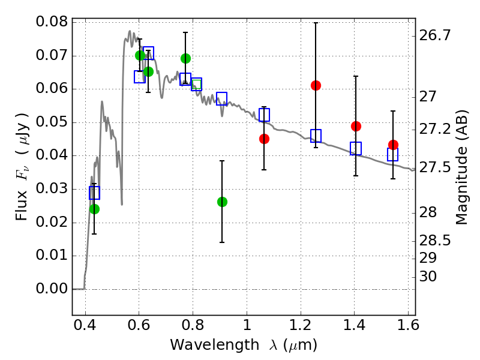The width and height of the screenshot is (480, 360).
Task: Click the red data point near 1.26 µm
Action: (316, 85)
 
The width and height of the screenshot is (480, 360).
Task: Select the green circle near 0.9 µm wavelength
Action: (222, 202)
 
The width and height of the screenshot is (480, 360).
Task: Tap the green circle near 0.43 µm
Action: (94, 209)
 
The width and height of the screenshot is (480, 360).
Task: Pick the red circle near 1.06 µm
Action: (264, 139)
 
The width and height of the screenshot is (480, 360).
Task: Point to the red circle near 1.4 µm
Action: (356, 126)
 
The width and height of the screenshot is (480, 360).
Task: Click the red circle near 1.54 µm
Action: (393, 145)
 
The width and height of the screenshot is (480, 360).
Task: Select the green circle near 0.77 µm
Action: (185, 58)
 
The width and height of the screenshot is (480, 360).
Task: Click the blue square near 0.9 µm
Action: (221, 98)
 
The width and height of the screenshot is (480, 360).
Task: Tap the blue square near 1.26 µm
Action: (316, 136)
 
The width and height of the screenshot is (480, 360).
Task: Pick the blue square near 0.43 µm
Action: (94, 193)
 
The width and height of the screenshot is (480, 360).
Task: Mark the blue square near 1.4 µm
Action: (356, 148)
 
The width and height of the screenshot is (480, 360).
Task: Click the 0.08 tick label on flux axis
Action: (52, 22)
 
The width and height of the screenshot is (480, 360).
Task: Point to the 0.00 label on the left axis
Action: (52, 289)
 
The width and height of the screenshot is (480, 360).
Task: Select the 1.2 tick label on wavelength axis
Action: (301, 325)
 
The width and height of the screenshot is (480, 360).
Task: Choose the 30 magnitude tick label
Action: (428, 277)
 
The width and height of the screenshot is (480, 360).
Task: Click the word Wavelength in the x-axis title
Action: (215, 345)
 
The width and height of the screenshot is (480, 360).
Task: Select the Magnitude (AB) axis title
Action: (461, 167)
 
